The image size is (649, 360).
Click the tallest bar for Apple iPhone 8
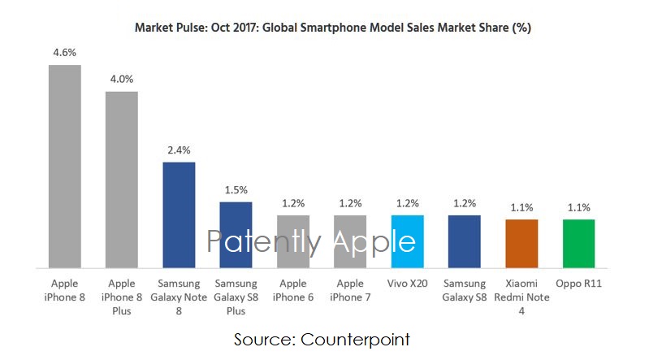coord(65,166)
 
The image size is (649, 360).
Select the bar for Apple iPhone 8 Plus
coord(122,179)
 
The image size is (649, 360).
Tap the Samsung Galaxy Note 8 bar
coord(179,215)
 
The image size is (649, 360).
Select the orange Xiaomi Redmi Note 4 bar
coord(521,243)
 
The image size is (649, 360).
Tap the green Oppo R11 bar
coord(578,243)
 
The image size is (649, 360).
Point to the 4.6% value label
coord(65,52)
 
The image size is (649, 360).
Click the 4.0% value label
coord(122,79)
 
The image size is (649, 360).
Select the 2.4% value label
coord(179,150)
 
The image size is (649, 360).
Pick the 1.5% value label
coord(236,189)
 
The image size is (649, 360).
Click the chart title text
coord(333,28)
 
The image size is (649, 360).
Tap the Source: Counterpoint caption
coord(322,339)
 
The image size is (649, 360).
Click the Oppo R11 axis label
coord(578,284)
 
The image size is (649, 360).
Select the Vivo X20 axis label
coord(407,284)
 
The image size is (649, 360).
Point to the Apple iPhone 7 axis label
coord(350,290)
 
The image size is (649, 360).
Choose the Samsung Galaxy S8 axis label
coord(465,290)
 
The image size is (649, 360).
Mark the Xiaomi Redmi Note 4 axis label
coord(521,297)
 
